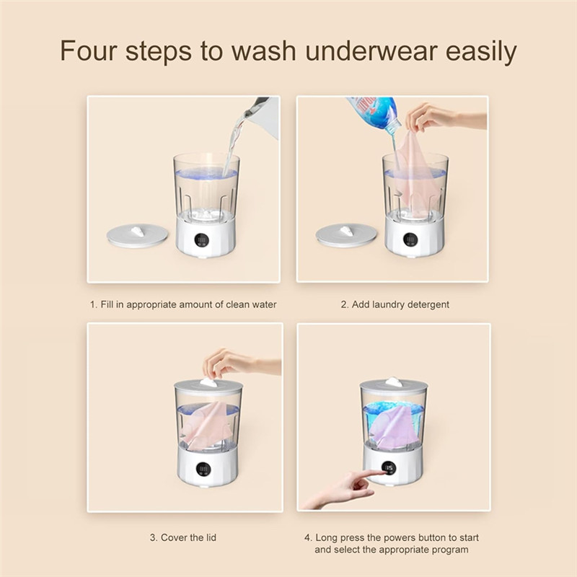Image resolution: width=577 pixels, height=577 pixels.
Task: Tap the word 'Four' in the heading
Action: coord(92,52)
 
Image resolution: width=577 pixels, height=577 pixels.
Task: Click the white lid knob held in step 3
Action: coord(208,382)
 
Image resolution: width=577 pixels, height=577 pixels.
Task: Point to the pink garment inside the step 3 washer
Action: coord(208,426)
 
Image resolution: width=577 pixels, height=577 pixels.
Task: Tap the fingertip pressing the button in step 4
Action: coord(377,474)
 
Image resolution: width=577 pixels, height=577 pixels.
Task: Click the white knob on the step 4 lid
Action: coord(393,382)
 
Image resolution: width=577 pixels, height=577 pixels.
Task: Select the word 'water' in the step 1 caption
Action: coord(263,304)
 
